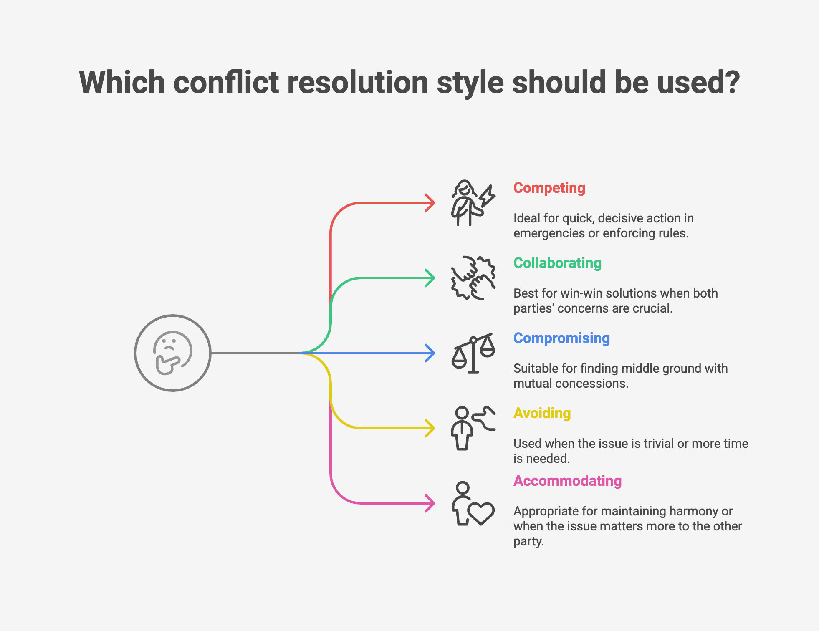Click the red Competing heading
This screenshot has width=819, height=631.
coord(549,188)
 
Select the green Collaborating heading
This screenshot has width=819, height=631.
coord(557,263)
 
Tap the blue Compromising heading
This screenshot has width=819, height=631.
coord(561,338)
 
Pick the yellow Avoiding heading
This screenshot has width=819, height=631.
coord(542,414)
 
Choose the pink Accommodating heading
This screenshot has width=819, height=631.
coord(567,481)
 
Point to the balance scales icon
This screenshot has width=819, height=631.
coord(473,353)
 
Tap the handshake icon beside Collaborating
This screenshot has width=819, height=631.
coord(473,278)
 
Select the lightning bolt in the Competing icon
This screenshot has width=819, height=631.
coord(487,196)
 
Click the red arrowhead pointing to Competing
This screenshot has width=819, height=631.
coord(430,203)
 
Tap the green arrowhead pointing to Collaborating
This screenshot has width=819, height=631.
coord(430,278)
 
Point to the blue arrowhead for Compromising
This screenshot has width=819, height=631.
coord(430,353)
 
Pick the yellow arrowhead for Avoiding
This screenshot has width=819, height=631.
coord(430,428)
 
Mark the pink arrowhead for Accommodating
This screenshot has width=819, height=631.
coord(430,503)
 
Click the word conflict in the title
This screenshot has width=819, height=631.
coord(226,82)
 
